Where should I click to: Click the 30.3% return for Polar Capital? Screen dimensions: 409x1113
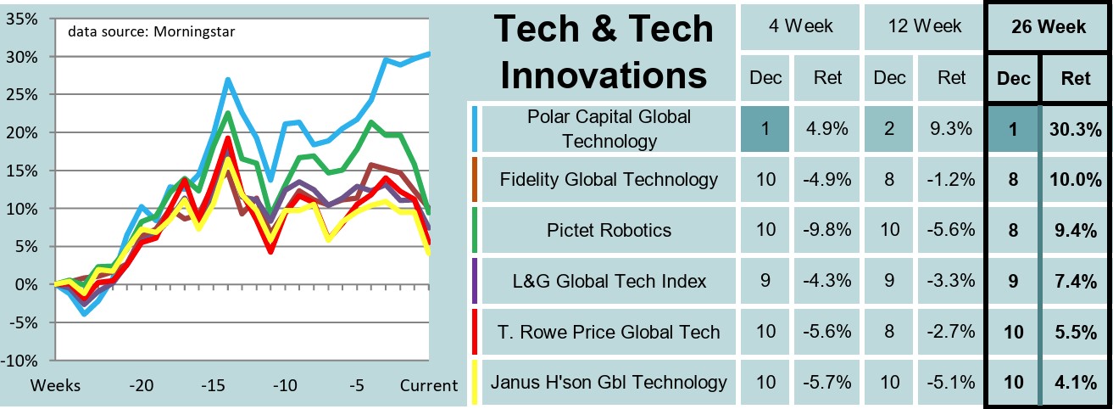click(1076, 129)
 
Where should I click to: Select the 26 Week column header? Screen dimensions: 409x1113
click(1048, 27)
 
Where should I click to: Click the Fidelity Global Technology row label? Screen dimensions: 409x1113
click(609, 179)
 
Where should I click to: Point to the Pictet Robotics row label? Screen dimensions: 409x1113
click(609, 229)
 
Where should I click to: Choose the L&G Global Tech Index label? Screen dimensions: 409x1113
click(609, 280)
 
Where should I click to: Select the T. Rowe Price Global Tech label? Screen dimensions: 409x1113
click(609, 331)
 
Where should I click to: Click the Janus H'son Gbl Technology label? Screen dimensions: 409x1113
click(609, 382)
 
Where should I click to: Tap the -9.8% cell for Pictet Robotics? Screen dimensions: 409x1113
click(827, 229)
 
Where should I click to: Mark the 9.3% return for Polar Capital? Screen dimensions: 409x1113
click(952, 129)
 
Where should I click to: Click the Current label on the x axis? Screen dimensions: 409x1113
click(429, 386)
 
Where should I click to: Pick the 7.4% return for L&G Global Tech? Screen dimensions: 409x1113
click(1076, 280)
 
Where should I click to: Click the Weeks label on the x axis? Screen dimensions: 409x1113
click(56, 386)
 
